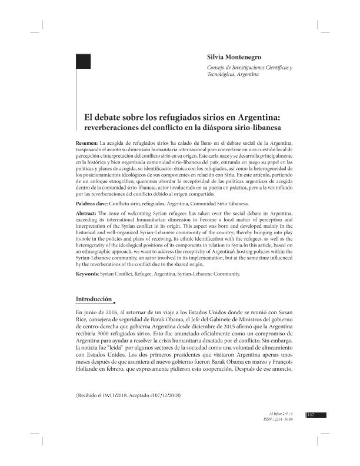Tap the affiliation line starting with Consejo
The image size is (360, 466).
tap(250, 69)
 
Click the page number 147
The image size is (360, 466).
tap(312, 415)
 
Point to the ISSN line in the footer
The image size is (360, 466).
tap(281, 421)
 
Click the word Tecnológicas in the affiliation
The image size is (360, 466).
tap(221, 76)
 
